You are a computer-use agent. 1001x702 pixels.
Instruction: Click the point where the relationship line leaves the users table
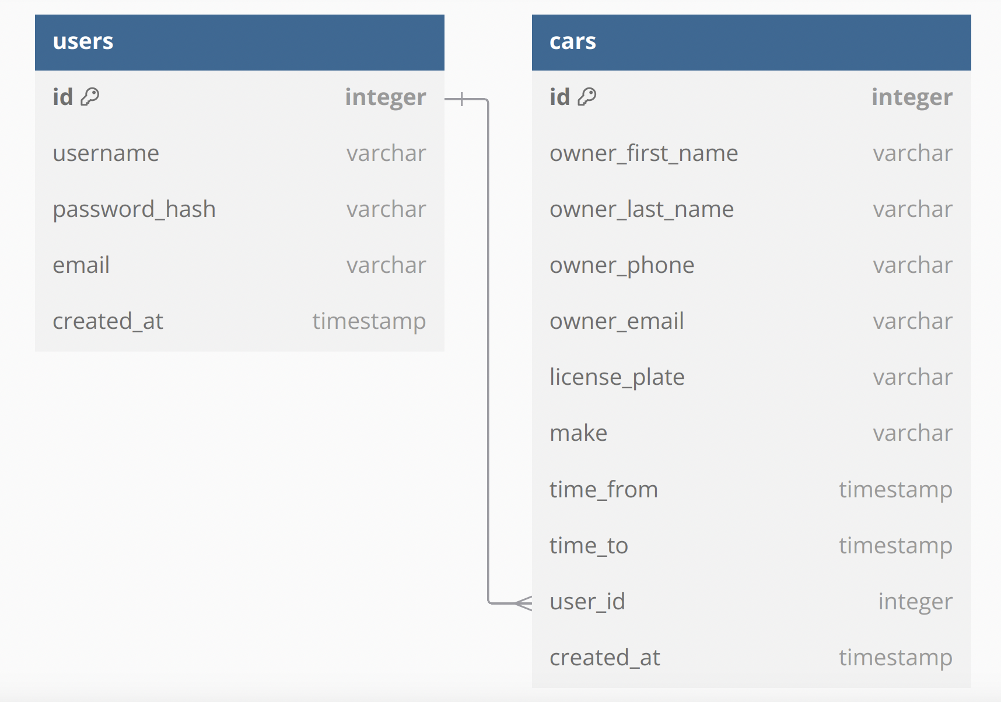coord(444,99)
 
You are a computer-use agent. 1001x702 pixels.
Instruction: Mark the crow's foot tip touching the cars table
coord(531,603)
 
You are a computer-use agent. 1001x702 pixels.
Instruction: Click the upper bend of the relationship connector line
coord(488,100)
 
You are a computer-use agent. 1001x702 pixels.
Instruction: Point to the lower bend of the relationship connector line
coord(488,602)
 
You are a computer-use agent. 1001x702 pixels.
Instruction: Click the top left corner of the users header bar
coord(35,15)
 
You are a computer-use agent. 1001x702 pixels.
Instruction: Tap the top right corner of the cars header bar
coord(971,15)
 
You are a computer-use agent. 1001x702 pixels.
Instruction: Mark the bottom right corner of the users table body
coord(444,351)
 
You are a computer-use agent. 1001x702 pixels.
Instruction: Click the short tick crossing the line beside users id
coord(462,99)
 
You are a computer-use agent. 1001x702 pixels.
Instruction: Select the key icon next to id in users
coord(90,96)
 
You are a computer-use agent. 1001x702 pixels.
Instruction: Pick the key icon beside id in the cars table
coord(587,96)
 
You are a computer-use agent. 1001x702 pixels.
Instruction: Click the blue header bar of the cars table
coord(751,43)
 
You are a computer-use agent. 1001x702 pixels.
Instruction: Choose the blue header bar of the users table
coord(240,43)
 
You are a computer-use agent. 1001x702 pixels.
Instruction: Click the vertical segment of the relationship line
coord(488,351)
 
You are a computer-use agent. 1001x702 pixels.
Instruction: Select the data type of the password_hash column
coord(386,209)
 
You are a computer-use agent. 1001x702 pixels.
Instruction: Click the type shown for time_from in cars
coord(895,490)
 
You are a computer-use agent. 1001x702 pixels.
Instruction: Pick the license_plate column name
coord(617,377)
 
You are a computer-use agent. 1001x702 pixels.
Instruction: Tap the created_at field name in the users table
coord(108,321)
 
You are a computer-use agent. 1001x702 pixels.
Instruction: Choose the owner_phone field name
coord(622,265)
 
